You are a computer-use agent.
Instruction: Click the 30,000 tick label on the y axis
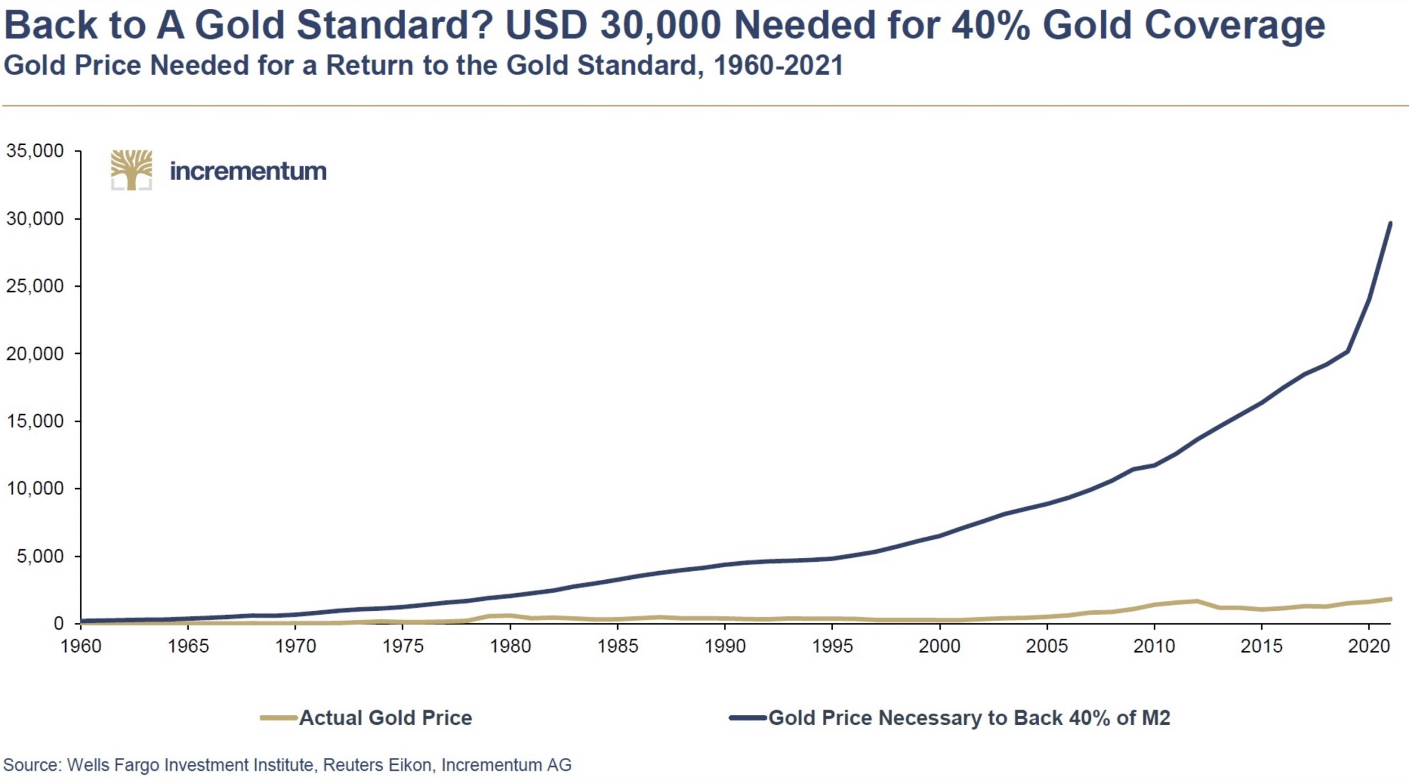point(35,219)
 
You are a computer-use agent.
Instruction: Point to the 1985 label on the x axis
point(618,645)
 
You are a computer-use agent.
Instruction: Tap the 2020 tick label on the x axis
point(1369,645)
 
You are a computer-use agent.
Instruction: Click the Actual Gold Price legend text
point(385,718)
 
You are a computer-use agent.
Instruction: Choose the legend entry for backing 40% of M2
point(969,718)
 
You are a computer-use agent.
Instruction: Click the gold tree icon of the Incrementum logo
point(132,170)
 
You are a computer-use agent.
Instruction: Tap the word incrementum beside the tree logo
point(248,171)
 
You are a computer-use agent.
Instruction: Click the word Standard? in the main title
point(396,25)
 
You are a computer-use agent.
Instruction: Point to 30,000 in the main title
point(660,25)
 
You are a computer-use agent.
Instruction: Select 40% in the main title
point(991,25)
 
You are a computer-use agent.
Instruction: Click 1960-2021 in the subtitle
point(778,65)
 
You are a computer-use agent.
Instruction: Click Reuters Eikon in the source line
point(378,765)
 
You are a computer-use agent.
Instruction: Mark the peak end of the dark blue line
point(1390,223)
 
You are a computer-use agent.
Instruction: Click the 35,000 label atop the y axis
point(35,151)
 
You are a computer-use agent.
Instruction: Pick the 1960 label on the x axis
point(81,645)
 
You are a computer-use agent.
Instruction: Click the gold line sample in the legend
point(279,718)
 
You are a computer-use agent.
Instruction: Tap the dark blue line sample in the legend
point(748,718)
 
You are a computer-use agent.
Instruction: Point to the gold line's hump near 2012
point(1197,601)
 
